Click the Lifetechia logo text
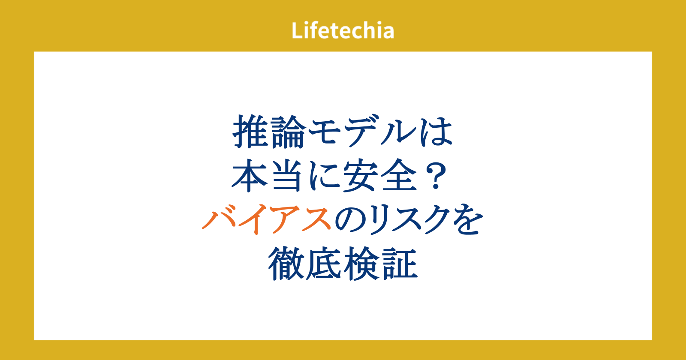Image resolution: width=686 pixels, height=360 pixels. pos(343,30)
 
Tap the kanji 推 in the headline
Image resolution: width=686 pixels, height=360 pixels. pos(251,132)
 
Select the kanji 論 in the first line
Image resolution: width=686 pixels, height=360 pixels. pos(288,132)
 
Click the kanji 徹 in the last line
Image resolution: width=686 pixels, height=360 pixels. pos(286,264)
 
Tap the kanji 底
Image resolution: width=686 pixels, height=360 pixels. pos(323,264)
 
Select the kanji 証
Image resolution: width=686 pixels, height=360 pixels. pos(399,264)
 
